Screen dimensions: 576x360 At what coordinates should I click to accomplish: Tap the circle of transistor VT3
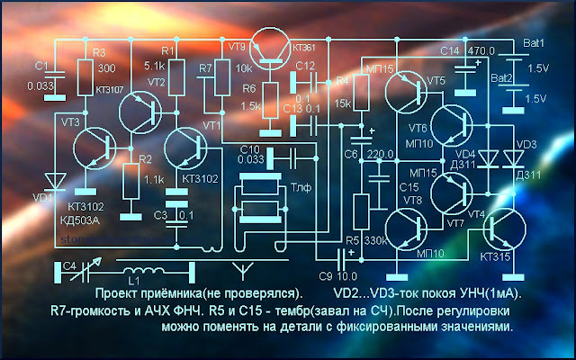click(x=90, y=149)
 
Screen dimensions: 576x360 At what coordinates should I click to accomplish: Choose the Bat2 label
click(x=500, y=78)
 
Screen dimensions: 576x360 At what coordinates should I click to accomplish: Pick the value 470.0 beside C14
click(x=482, y=51)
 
